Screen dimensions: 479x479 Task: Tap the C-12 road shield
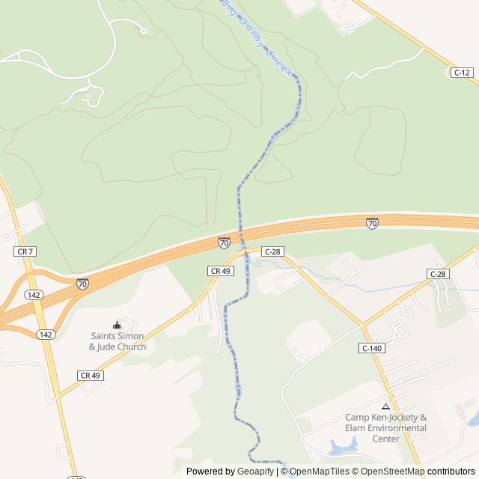point(462,73)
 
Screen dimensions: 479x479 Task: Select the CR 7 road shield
point(22,253)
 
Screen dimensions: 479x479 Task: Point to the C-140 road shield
point(371,348)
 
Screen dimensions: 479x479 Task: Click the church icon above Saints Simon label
point(117,325)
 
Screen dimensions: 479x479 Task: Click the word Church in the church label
point(131,347)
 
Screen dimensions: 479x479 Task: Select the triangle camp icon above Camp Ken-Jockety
point(385,406)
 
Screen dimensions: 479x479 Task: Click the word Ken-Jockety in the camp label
point(398,418)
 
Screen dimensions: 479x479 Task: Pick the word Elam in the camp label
point(353,428)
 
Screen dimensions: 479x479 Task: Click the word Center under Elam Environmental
point(386,439)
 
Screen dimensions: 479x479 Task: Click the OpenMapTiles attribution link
point(320,472)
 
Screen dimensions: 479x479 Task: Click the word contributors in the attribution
point(451,472)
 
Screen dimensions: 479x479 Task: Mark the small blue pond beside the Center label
point(344,448)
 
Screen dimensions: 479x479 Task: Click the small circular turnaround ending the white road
point(143,31)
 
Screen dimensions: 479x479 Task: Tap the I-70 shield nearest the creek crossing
point(224,242)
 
